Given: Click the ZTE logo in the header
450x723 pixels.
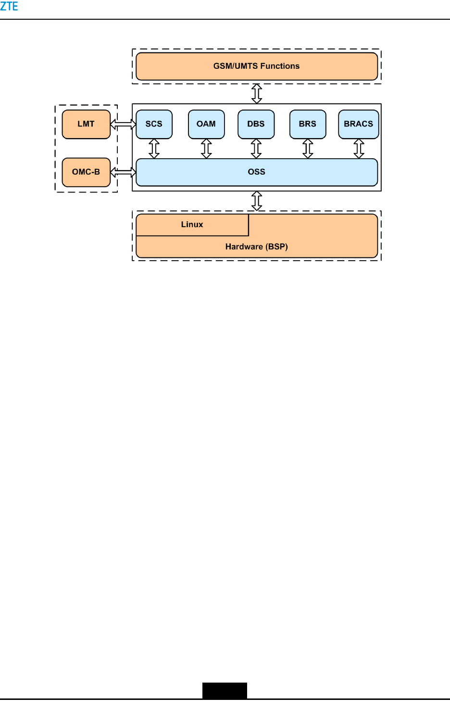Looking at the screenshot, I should point(9,7).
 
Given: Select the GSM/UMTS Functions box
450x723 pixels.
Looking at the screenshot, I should point(256,66).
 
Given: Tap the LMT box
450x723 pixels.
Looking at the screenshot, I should point(86,124).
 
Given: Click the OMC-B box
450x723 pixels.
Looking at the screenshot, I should point(86,172).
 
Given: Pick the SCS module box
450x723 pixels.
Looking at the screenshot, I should point(154,124).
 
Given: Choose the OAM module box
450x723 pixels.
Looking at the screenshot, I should point(206,124).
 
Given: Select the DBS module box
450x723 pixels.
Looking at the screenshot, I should point(256,124).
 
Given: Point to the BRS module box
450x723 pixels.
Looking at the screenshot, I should point(308,124).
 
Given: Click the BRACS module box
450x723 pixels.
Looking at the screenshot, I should point(358,124).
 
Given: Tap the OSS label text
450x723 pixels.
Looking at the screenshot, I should point(256,172).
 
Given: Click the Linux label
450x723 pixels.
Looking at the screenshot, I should point(192,225).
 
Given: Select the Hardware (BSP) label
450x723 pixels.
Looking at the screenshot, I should point(256,247).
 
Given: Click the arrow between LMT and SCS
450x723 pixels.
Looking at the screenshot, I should point(124,125).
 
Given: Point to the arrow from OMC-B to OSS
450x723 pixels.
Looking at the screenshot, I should point(124,172).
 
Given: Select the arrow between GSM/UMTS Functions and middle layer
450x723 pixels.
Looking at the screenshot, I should point(257,93).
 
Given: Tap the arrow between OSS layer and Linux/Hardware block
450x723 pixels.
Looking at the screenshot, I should point(257,201).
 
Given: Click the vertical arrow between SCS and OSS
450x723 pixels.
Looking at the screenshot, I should point(154,149).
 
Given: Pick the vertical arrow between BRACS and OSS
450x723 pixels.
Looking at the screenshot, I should point(359,149).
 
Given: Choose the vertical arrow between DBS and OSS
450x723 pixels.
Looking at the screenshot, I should point(256,149).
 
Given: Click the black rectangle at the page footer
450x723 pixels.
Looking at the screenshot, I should point(225,690).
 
